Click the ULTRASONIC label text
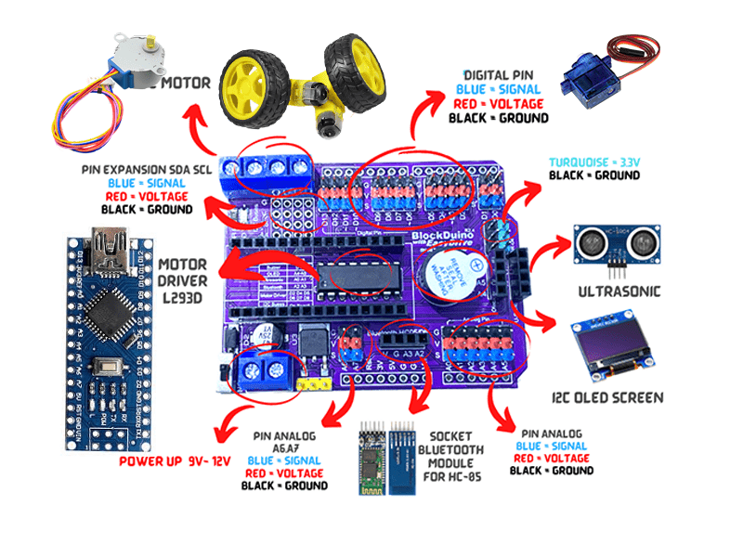tap(619, 291)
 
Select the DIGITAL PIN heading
tap(499, 75)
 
